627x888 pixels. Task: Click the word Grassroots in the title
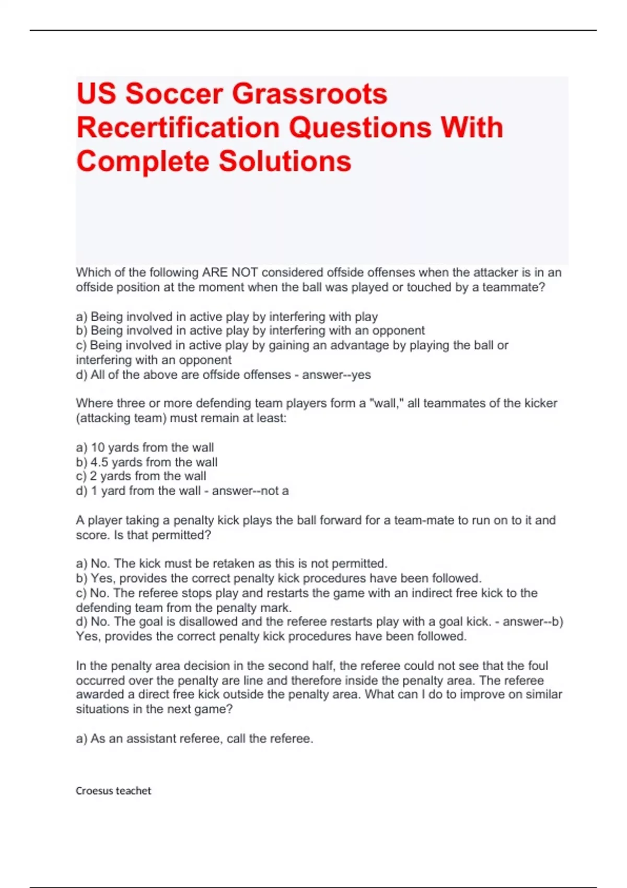[309, 94]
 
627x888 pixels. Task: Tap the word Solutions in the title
[285, 161]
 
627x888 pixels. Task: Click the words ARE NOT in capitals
[230, 273]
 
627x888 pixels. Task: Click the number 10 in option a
[98, 448]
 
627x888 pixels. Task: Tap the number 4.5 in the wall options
[99, 462]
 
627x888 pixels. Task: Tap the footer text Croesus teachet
[113, 791]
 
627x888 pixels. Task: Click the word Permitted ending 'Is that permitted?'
[181, 535]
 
